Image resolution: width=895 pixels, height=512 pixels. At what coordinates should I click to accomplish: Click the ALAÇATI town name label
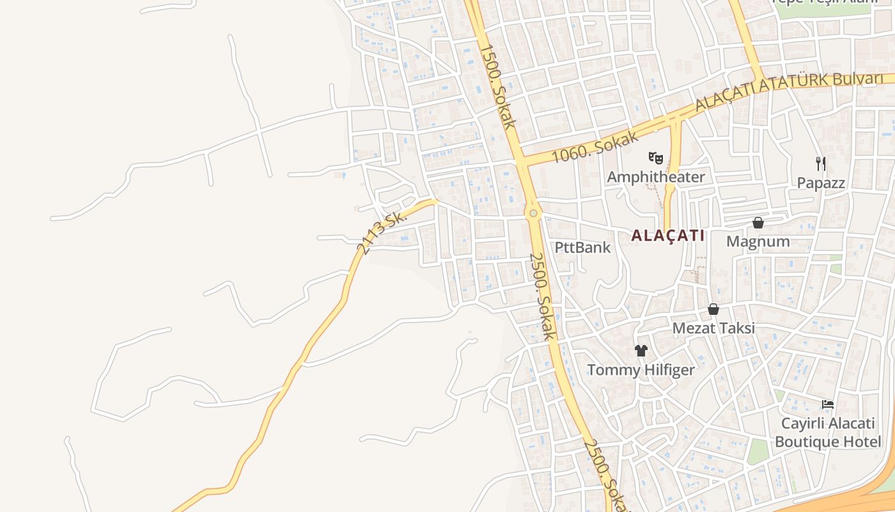click(x=667, y=236)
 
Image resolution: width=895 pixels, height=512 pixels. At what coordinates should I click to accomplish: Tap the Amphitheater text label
click(x=656, y=177)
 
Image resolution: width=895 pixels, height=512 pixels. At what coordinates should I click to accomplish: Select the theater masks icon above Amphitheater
click(x=655, y=157)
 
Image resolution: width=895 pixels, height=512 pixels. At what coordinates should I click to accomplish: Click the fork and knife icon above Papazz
click(x=821, y=164)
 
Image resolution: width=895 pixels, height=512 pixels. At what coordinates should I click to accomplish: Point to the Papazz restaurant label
click(x=821, y=183)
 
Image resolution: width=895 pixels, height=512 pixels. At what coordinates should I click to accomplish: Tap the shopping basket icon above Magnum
click(x=758, y=223)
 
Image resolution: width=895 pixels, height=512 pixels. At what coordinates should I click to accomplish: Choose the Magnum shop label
click(x=758, y=242)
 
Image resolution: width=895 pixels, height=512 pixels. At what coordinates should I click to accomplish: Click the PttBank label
click(x=582, y=248)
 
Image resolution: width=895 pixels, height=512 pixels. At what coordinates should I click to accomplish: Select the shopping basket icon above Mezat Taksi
click(x=713, y=310)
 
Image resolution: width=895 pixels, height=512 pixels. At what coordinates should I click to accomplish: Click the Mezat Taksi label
click(x=713, y=328)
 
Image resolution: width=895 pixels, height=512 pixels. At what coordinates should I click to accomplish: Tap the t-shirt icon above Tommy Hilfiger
click(x=641, y=351)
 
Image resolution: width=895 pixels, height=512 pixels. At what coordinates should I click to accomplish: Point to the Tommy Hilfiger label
click(x=641, y=370)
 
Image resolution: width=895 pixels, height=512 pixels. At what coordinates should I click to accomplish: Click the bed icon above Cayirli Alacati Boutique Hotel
click(x=828, y=404)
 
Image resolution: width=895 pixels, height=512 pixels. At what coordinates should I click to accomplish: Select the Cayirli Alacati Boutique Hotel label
click(x=828, y=433)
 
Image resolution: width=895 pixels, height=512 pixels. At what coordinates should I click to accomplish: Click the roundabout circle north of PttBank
click(x=533, y=213)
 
